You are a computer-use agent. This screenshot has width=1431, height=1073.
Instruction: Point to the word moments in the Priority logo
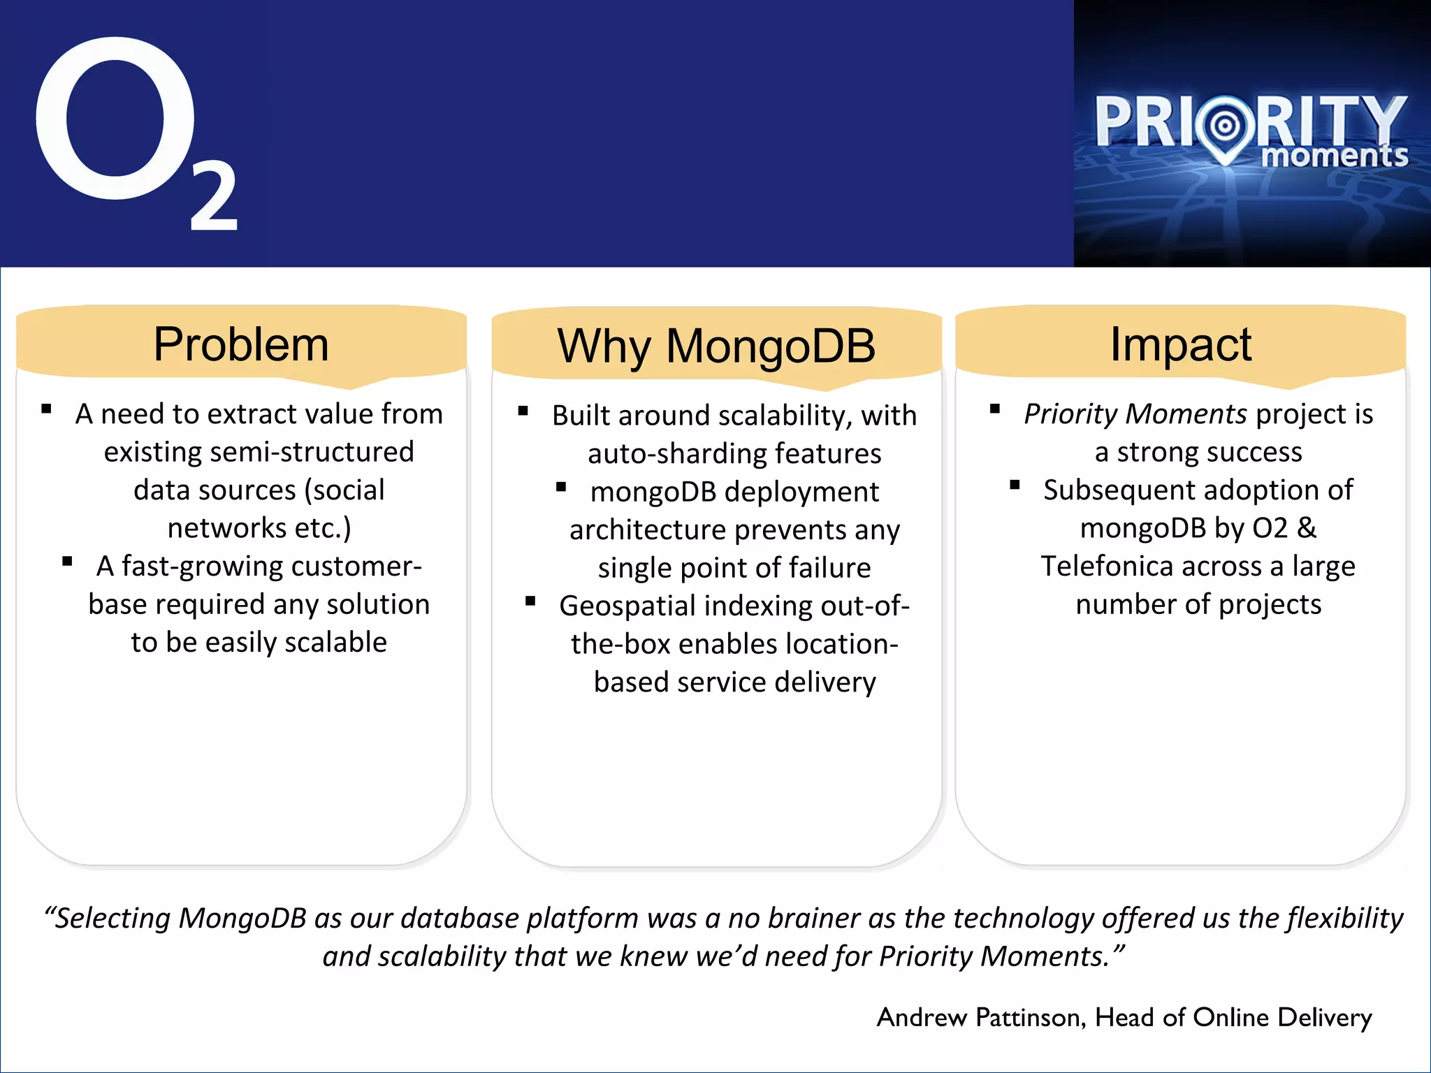click(x=1335, y=155)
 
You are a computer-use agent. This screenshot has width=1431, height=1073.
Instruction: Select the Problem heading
click(x=241, y=344)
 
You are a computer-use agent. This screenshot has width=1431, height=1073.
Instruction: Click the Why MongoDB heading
click(x=716, y=346)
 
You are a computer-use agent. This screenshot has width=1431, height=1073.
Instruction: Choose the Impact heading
click(x=1181, y=344)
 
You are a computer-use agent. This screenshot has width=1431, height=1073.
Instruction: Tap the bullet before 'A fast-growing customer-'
click(x=68, y=562)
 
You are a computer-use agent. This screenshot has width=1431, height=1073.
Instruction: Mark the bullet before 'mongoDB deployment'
click(x=561, y=487)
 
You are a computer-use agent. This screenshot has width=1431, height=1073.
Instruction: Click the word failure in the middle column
click(x=829, y=568)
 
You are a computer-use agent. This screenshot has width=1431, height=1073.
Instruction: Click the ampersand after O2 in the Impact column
click(x=1307, y=528)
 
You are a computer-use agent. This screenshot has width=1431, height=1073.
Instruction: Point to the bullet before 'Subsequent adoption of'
click(x=1015, y=485)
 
